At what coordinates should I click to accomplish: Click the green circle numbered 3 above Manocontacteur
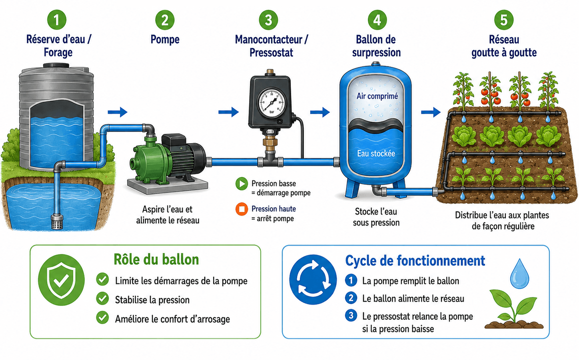269,20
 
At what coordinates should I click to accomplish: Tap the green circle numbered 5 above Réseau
504,20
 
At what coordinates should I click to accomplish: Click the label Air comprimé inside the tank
377,96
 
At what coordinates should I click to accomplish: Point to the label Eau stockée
376,153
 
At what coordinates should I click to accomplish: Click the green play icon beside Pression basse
242,184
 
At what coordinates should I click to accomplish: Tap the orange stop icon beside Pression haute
242,209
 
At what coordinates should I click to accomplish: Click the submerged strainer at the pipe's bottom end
57,222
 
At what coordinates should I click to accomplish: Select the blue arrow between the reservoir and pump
118,112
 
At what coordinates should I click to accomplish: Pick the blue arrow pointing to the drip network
431,112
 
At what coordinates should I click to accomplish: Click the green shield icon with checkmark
61,280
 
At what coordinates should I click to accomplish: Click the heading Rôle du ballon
156,259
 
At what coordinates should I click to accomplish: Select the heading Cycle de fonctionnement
415,261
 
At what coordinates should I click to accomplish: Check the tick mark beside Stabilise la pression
102,298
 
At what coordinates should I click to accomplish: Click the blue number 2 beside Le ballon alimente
351,298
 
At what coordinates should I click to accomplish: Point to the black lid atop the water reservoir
56,66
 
